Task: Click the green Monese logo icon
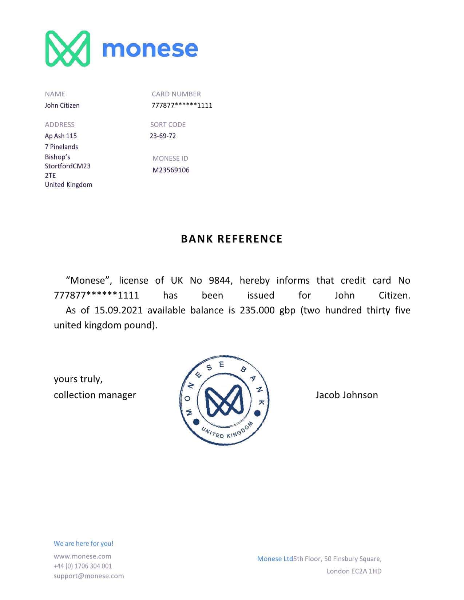point(68,49)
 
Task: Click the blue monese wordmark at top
point(150,49)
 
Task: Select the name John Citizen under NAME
point(62,105)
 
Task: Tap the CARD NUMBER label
point(176,94)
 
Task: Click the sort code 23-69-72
point(163,136)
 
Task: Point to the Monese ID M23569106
point(171,170)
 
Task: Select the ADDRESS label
point(60,125)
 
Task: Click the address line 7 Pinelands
point(61,147)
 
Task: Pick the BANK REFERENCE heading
point(232,239)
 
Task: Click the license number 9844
point(220,281)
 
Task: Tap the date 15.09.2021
point(118,311)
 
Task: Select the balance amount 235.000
point(257,311)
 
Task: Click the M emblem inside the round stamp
point(224,401)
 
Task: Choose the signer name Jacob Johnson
point(346,395)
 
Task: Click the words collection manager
point(95,395)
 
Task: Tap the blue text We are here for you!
point(83,544)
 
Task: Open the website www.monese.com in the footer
point(82,556)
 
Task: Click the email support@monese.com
point(88,576)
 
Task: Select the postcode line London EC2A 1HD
point(354,571)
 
